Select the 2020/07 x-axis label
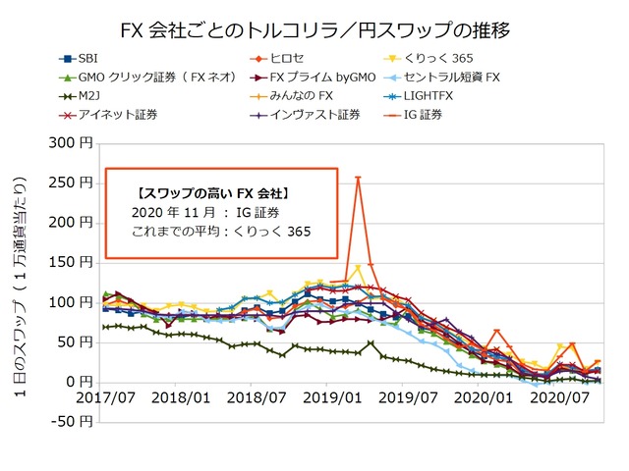click(558, 400)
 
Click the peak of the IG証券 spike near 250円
click(358, 178)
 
